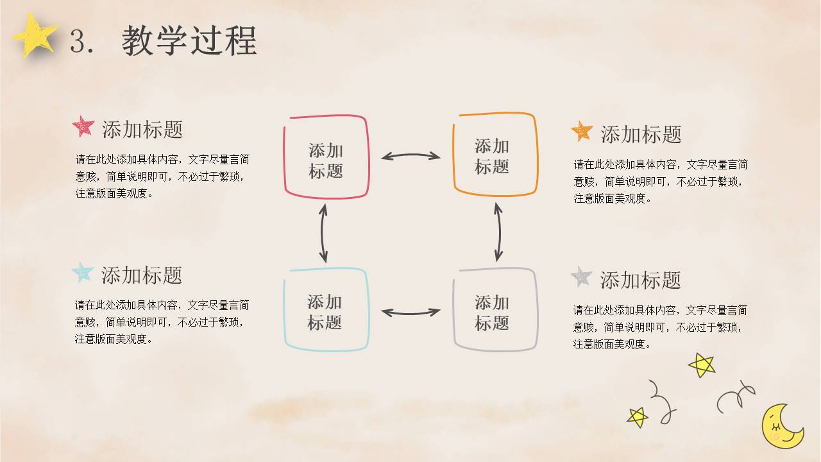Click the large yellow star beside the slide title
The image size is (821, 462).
tap(35, 35)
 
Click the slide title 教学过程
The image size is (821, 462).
tap(189, 40)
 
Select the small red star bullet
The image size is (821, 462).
tap(83, 126)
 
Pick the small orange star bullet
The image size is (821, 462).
tap(582, 131)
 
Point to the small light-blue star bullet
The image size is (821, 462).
tap(83, 272)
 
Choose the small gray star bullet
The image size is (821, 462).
tap(581, 277)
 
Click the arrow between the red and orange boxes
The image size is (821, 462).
tap(410, 155)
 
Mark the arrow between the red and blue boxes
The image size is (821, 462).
tap(322, 233)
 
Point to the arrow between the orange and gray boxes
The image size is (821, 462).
tap(499, 232)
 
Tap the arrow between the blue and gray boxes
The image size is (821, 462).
tap(410, 314)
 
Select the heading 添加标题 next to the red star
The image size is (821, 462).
tap(142, 129)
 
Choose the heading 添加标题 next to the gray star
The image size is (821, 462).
tap(640, 280)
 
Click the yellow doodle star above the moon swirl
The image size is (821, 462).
tap(702, 365)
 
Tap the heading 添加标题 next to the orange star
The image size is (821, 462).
tap(641, 134)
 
